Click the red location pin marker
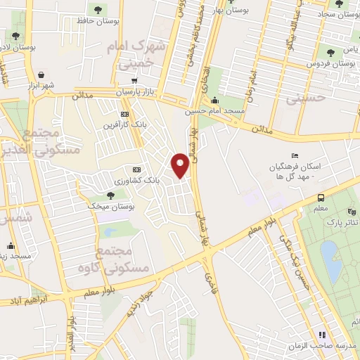click(181, 166)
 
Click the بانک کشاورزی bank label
click(158, 180)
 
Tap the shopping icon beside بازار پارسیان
click(134, 81)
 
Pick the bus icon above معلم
click(321, 198)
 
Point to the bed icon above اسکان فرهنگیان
click(294, 155)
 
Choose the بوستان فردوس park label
click(328, 63)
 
